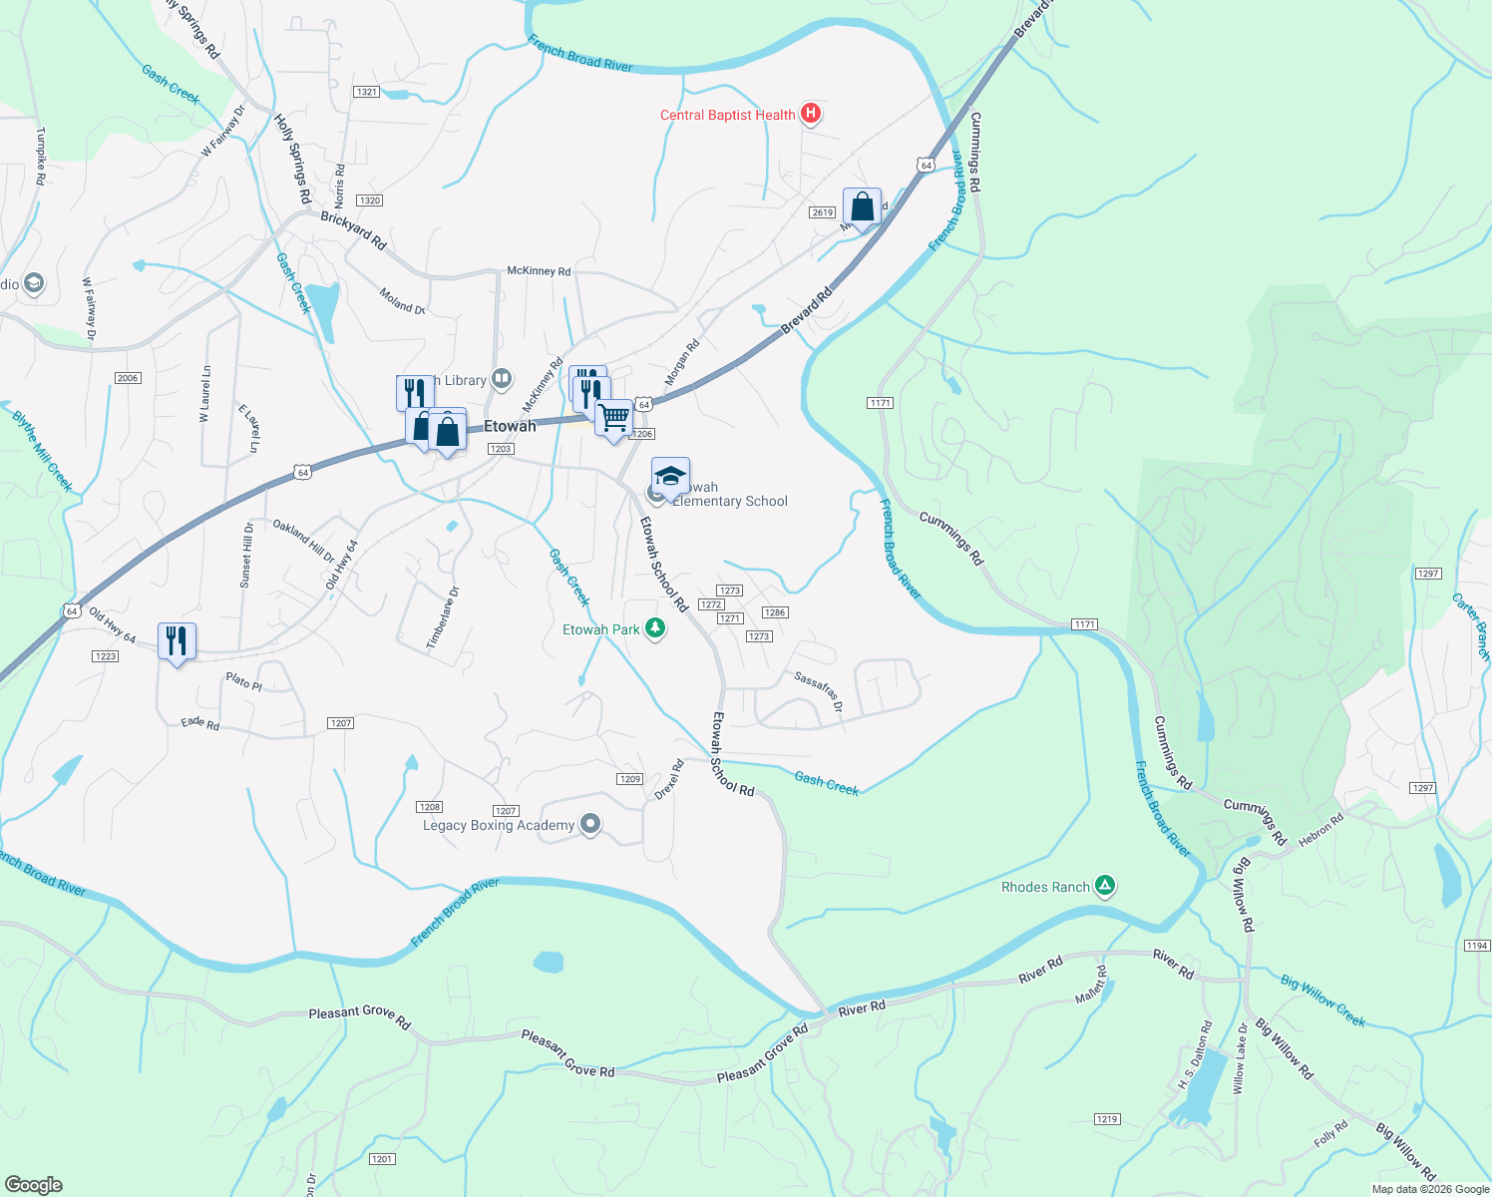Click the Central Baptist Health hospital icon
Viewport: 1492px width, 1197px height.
(811, 114)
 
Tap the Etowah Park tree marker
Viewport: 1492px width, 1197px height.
(655, 628)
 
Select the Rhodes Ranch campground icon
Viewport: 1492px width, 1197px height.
(1104, 886)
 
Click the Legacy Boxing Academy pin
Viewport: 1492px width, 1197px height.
(590, 824)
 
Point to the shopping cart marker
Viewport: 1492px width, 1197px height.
(614, 417)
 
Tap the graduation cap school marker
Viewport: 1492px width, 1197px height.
(671, 477)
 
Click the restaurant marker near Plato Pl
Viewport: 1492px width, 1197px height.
(177, 641)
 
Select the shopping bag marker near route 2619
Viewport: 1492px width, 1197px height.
(862, 207)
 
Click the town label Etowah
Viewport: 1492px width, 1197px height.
(510, 426)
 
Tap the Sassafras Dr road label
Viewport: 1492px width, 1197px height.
(818, 690)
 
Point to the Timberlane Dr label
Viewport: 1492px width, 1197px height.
(444, 618)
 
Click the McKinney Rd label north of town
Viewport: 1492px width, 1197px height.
(539, 270)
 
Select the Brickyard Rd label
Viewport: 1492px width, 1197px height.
(353, 229)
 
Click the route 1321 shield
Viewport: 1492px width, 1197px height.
(366, 92)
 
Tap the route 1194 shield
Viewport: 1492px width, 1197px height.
(1476, 945)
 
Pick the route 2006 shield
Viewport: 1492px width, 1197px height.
(128, 378)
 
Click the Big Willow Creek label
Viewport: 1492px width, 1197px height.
(1322, 999)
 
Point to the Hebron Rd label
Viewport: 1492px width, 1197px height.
(1321, 831)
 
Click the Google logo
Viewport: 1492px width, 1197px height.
(34, 1184)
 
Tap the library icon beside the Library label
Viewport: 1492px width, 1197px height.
(502, 379)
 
